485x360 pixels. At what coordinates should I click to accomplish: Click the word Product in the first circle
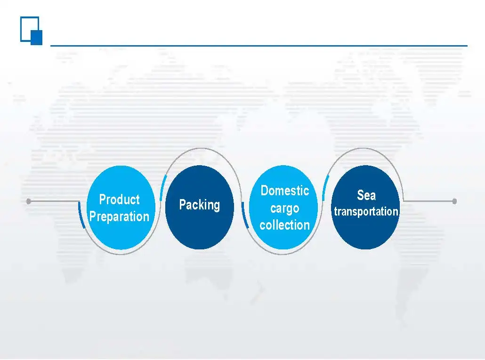tap(120, 200)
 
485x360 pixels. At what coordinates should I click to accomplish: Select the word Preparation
tap(120, 216)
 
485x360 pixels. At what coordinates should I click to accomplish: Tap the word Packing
tap(200, 205)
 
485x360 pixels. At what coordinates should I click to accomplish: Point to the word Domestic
tap(284, 190)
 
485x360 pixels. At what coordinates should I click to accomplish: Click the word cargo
tap(284, 208)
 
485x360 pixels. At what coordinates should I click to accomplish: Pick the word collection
tap(284, 225)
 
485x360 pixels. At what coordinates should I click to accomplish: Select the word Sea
tap(366, 195)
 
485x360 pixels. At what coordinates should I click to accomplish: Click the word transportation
tap(366, 211)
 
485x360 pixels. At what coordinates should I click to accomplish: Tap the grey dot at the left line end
tap(28, 201)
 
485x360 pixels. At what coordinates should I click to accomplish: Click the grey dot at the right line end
tap(454, 201)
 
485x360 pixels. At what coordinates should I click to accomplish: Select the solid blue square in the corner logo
tap(37, 37)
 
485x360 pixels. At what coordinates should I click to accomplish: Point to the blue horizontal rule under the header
tap(259, 46)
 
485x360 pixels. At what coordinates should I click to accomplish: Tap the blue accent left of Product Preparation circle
tap(81, 215)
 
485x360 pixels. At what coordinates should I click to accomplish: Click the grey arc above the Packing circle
tap(202, 149)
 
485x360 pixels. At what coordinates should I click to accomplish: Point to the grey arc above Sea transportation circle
tap(363, 149)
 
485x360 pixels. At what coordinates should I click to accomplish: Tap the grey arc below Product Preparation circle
tap(120, 254)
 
